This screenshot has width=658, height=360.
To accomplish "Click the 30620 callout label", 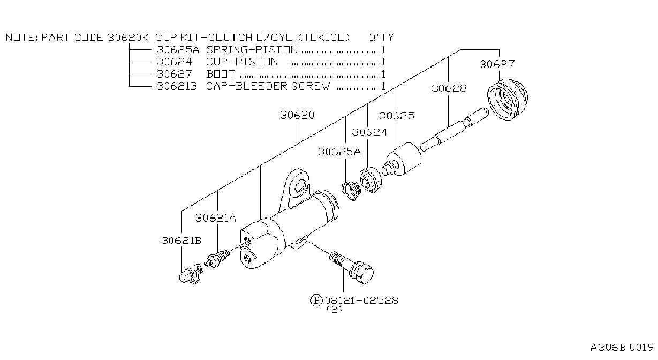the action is tap(297, 115).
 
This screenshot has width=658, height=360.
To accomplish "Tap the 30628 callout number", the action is tap(449, 88).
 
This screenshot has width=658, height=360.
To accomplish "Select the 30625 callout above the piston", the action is tap(397, 116).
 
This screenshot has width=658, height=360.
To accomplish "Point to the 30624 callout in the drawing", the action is tap(369, 132).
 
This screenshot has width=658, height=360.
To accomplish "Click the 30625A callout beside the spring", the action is tap(339, 152).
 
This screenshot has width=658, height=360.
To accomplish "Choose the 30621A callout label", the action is tap(216, 218).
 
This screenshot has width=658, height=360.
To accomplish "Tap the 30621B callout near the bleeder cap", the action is tap(181, 241).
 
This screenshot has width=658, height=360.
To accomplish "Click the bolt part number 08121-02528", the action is tap(361, 301).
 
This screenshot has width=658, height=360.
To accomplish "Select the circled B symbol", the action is tap(316, 301).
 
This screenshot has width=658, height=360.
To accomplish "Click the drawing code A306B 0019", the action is tap(622, 348).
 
